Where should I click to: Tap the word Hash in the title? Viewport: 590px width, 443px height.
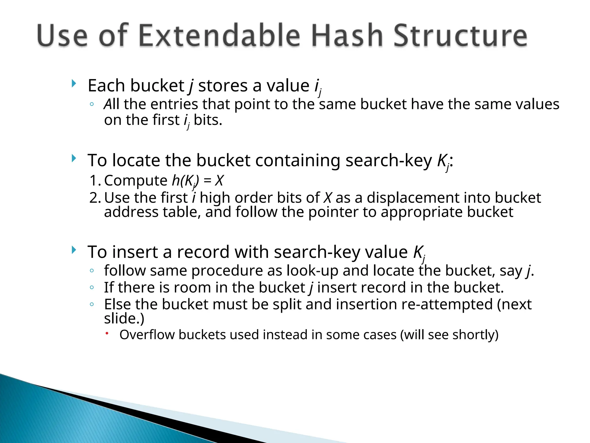coord(347,36)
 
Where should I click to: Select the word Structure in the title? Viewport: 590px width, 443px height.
coord(460,36)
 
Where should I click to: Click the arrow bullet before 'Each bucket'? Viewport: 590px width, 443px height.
coord(74,84)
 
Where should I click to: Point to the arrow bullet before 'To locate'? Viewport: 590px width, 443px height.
coord(74,158)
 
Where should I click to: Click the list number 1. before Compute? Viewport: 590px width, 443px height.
coord(95,181)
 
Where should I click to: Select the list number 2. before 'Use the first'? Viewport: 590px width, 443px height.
coord(95,198)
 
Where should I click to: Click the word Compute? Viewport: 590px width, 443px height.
coord(135,181)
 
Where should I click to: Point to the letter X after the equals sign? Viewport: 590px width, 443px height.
coord(219,181)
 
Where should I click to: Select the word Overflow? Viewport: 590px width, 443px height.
coord(147,335)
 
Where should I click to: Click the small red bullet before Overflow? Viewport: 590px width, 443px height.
coord(107,333)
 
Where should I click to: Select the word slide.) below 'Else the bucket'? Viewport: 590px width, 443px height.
coord(124,318)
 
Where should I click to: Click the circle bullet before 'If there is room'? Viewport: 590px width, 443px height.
coord(92,287)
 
